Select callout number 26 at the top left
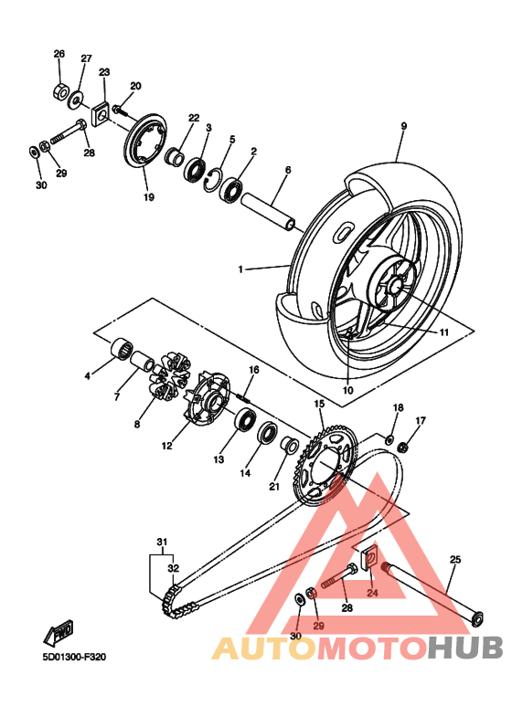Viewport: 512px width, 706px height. click(59, 54)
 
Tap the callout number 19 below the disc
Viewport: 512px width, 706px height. click(147, 196)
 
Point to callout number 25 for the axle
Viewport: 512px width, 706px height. click(455, 559)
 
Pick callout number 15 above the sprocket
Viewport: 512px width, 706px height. click(319, 404)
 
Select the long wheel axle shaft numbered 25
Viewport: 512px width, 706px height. click(430, 594)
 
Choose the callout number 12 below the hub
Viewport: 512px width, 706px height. click(167, 446)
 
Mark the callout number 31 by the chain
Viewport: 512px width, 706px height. click(162, 543)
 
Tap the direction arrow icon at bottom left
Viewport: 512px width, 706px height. click(62, 630)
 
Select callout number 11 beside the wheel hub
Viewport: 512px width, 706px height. click(443, 332)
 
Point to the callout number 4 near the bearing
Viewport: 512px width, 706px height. click(88, 375)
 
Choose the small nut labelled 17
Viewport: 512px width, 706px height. click(403, 447)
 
